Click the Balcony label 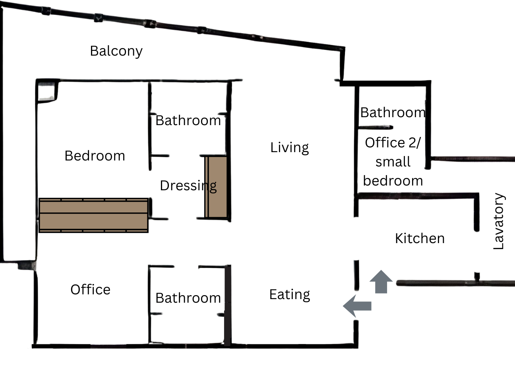pyautogui.click(x=116, y=51)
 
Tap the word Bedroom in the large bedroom pyautogui.click(x=95, y=156)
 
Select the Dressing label pyautogui.click(x=188, y=186)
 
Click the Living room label pyautogui.click(x=289, y=148)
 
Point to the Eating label pyautogui.click(x=290, y=295)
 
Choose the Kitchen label pyautogui.click(x=420, y=238)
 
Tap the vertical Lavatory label pyautogui.click(x=499, y=221)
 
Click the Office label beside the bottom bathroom pyautogui.click(x=90, y=290)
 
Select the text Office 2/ pyautogui.click(x=393, y=143)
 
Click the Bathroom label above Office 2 pyautogui.click(x=393, y=112)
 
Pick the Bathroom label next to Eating pyautogui.click(x=188, y=298)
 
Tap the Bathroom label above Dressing pyautogui.click(x=188, y=120)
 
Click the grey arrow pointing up pyautogui.click(x=381, y=282)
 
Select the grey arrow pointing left pyautogui.click(x=357, y=306)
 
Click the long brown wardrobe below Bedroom pyautogui.click(x=93, y=215)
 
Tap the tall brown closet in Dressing pyautogui.click(x=216, y=187)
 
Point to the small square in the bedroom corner pyautogui.click(x=46, y=92)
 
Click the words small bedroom pyautogui.click(x=393, y=171)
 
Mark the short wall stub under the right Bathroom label pyautogui.click(x=376, y=127)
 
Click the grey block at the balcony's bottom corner pyautogui.click(x=27, y=265)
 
